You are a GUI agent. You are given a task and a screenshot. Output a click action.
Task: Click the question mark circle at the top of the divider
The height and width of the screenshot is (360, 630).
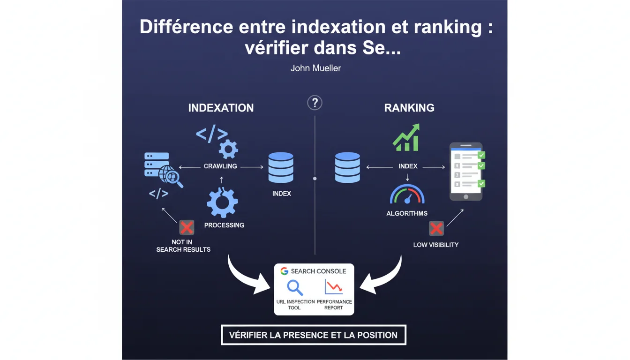(x=315, y=103)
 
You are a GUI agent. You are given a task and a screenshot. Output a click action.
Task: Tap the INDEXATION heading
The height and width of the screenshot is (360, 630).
(x=221, y=108)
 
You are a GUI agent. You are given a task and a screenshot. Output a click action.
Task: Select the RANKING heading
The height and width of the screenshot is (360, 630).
(x=409, y=108)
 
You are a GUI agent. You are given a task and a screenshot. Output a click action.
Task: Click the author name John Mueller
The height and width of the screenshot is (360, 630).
(x=315, y=68)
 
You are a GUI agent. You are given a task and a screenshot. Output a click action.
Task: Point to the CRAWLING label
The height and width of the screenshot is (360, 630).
(x=220, y=166)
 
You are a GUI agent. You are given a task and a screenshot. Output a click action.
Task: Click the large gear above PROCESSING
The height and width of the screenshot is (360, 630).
(x=222, y=202)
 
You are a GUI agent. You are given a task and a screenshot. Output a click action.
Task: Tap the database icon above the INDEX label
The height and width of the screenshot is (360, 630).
(x=281, y=167)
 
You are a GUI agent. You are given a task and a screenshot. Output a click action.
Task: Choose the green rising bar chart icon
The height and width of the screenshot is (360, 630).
(x=406, y=138)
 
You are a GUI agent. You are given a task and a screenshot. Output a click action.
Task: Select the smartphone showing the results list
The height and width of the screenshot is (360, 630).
(x=466, y=172)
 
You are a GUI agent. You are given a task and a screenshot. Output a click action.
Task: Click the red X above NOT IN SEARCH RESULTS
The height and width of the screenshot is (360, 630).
(x=187, y=228)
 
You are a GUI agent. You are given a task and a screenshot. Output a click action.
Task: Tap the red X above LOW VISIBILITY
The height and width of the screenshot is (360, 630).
(x=436, y=228)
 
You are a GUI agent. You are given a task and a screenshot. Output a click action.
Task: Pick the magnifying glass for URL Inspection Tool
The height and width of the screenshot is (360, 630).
(x=295, y=287)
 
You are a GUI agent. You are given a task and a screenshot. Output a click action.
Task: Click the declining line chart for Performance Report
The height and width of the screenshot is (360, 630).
(x=334, y=287)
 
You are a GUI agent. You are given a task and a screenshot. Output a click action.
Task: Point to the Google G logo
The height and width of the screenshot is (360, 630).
(x=284, y=271)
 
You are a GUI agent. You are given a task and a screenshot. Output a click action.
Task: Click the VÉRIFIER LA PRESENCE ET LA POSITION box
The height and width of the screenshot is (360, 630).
(x=313, y=335)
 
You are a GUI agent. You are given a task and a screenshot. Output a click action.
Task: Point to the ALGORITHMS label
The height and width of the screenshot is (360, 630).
(x=407, y=213)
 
